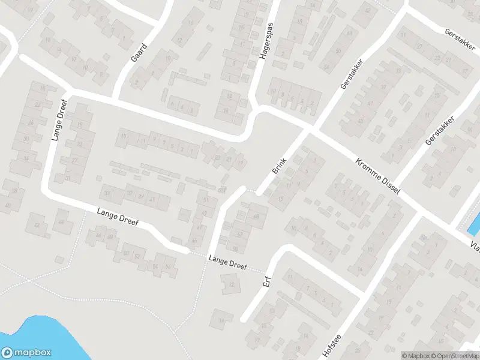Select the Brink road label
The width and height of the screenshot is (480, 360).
pos(280,166)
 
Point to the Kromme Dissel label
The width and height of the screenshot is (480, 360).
pos(377,175)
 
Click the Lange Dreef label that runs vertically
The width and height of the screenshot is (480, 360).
pos(58,120)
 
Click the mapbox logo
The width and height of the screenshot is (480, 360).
pos(26,353)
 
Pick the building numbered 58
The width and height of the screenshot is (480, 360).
pos(235,248)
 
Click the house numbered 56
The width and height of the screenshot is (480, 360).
pos(169,266)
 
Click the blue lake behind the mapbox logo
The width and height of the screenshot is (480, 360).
pos(48,336)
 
